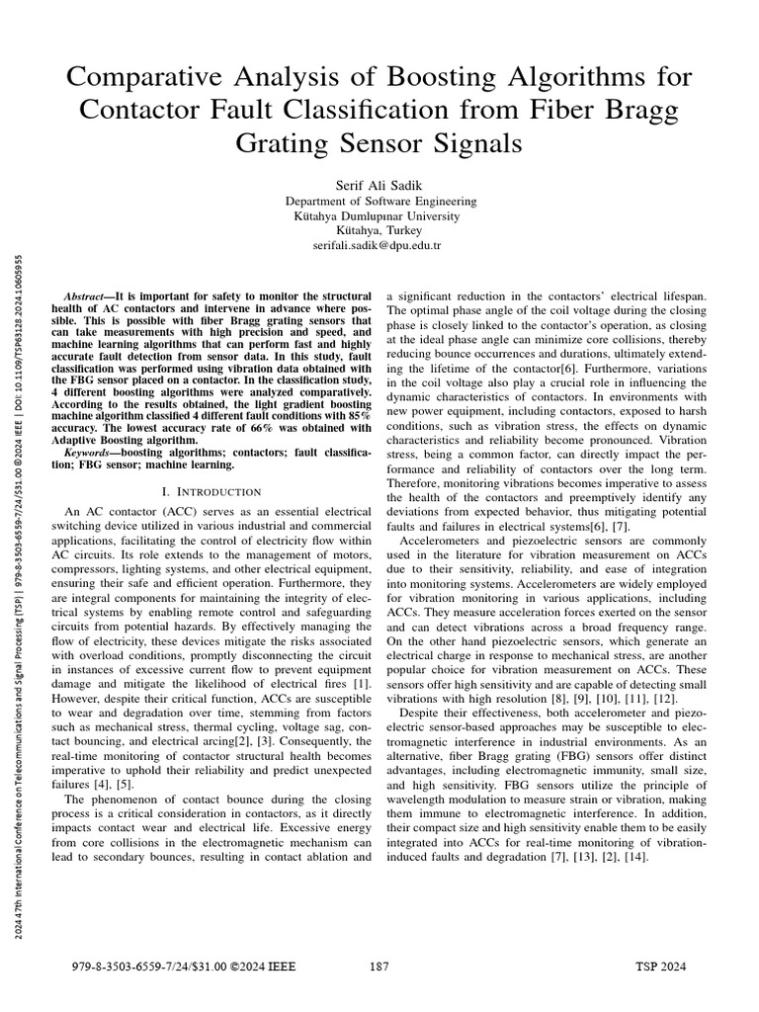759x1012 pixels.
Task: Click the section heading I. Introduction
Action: click(x=211, y=491)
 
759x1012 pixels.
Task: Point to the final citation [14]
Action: click(x=635, y=857)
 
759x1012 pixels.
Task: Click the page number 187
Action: click(x=379, y=968)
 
